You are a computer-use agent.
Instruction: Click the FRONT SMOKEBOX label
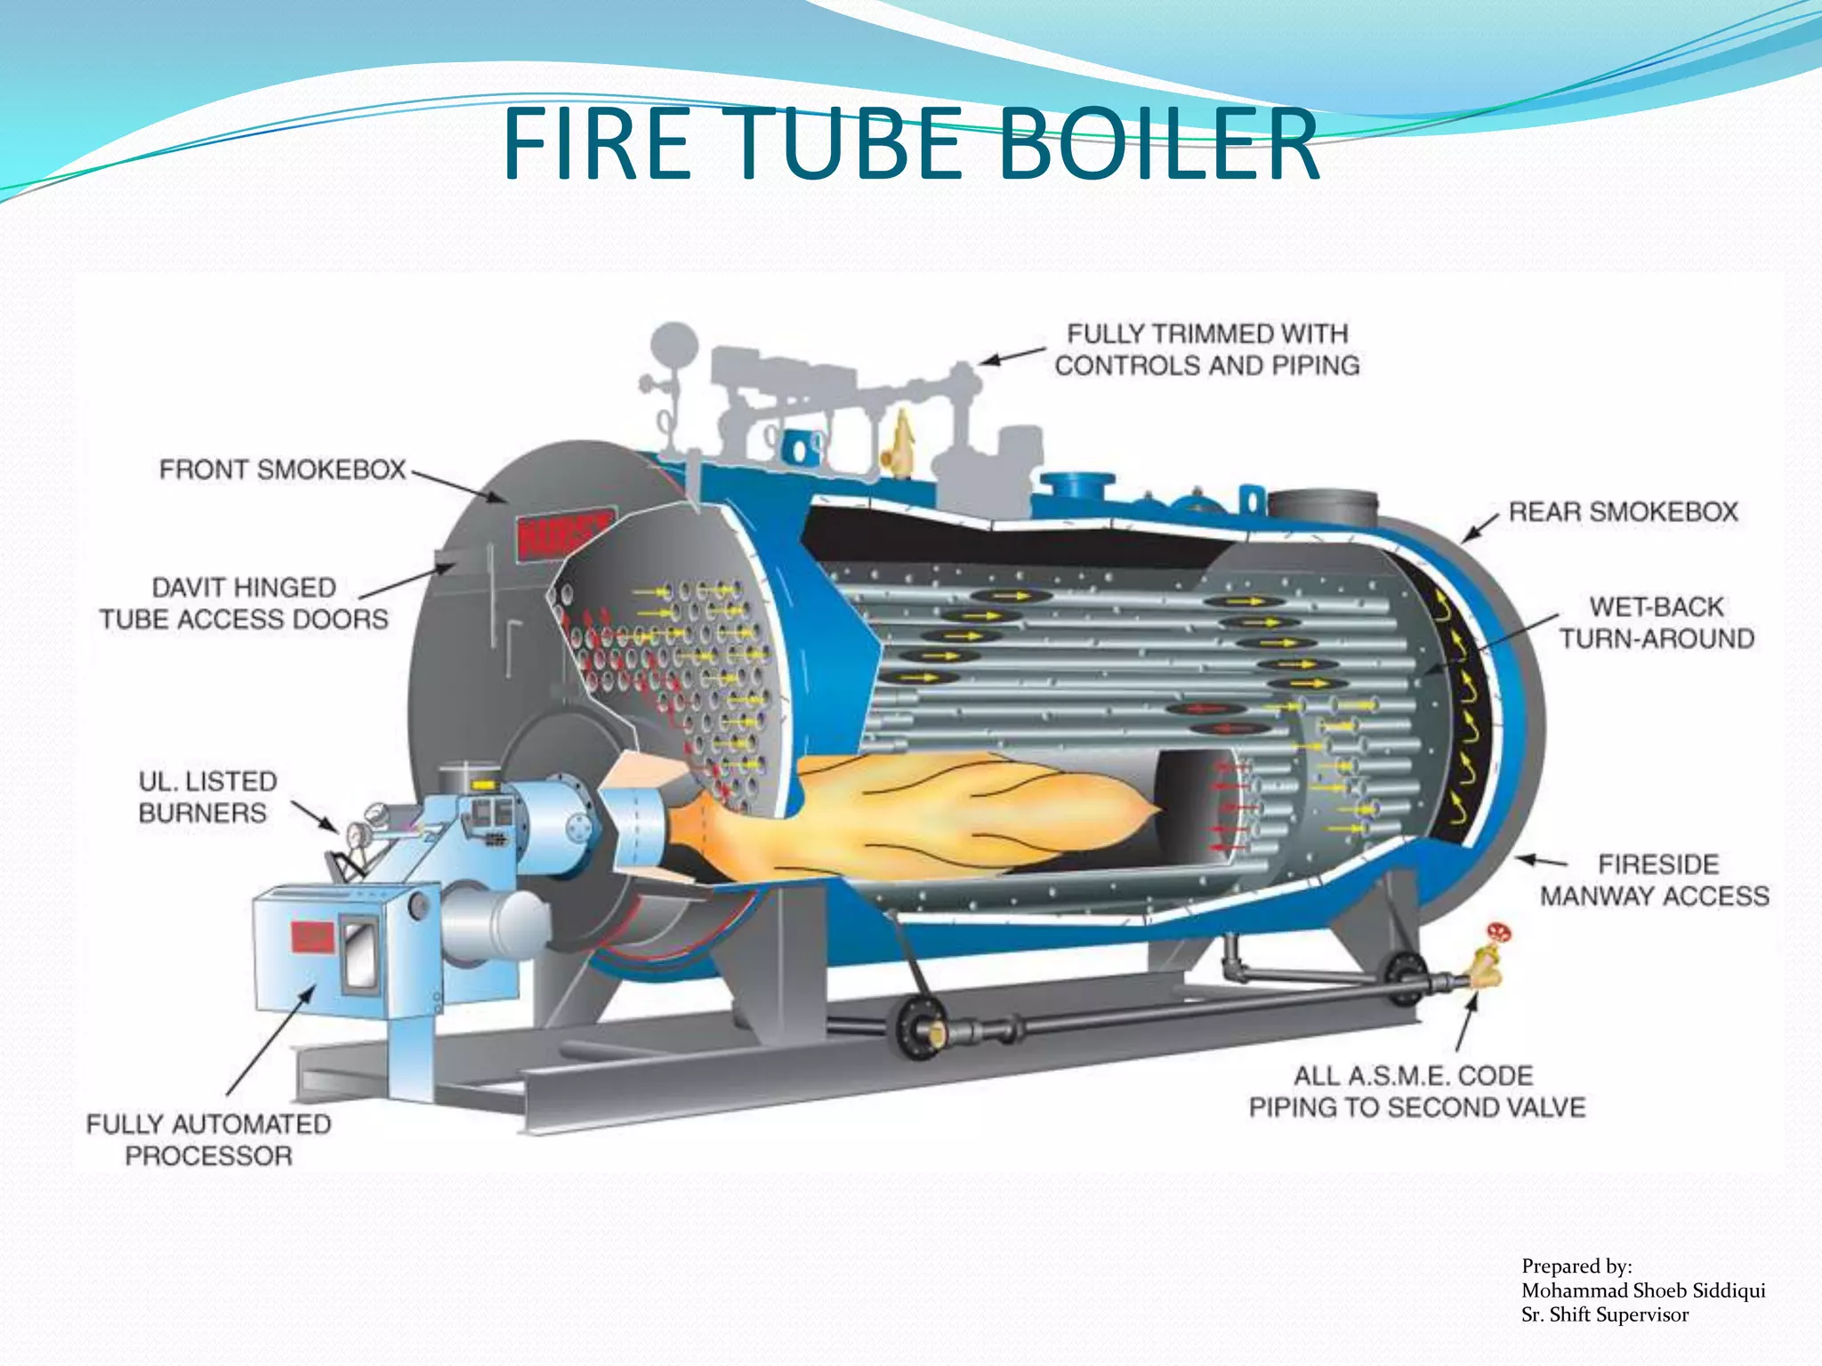282,470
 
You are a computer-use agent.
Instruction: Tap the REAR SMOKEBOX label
1623,512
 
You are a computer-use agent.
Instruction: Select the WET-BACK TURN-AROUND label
1656,623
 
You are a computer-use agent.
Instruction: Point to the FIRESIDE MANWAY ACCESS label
1655,880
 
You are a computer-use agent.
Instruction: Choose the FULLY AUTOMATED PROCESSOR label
208,1140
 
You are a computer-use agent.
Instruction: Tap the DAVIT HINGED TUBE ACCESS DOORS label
244,604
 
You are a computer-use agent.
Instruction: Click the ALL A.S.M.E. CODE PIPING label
1416,1092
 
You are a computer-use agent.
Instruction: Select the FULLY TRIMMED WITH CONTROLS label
1207,350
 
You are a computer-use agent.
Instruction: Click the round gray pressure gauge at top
673,343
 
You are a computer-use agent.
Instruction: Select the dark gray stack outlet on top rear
1322,508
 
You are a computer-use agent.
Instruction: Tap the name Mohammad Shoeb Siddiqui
1642,1290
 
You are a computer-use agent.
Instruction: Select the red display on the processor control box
312,936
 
